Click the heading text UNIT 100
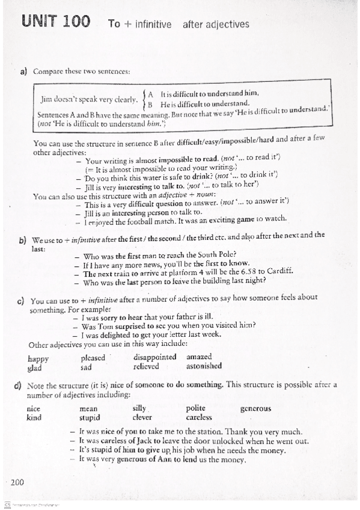click(56, 23)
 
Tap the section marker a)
click(24, 72)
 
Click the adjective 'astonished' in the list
click(204, 366)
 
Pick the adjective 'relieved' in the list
click(146, 366)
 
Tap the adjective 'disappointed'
click(155, 357)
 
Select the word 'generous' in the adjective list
click(255, 408)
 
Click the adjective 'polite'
click(196, 408)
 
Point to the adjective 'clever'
click(142, 417)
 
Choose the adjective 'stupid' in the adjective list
click(90, 417)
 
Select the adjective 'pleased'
click(93, 357)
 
